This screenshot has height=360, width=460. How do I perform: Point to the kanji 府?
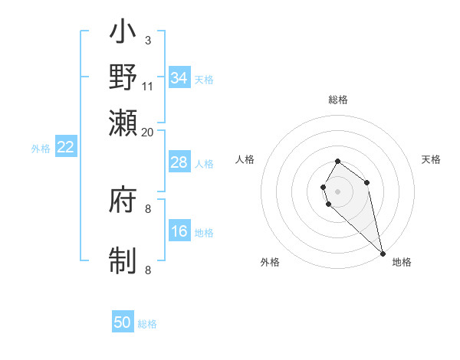(123, 201)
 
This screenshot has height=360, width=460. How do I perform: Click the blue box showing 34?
(179, 78)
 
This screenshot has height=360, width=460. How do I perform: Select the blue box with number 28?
(179, 162)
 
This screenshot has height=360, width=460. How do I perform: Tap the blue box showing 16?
(179, 231)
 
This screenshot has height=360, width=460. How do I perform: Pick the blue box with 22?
(66, 148)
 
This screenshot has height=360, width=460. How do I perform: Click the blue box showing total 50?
(123, 322)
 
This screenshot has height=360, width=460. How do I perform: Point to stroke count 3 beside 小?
(148, 40)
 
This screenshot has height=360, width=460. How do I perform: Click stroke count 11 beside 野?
(148, 85)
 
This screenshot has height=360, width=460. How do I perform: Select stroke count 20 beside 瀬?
(148, 131)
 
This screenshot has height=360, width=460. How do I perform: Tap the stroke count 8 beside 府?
(148, 208)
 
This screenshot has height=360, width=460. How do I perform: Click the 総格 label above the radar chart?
(338, 100)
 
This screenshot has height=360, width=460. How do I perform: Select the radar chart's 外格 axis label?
(270, 262)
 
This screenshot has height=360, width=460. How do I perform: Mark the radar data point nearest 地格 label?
(383, 253)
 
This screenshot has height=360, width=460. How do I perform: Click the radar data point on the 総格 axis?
(338, 162)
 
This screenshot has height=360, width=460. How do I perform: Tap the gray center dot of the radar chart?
(338, 191)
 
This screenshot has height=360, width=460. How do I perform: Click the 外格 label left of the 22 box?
(41, 149)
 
